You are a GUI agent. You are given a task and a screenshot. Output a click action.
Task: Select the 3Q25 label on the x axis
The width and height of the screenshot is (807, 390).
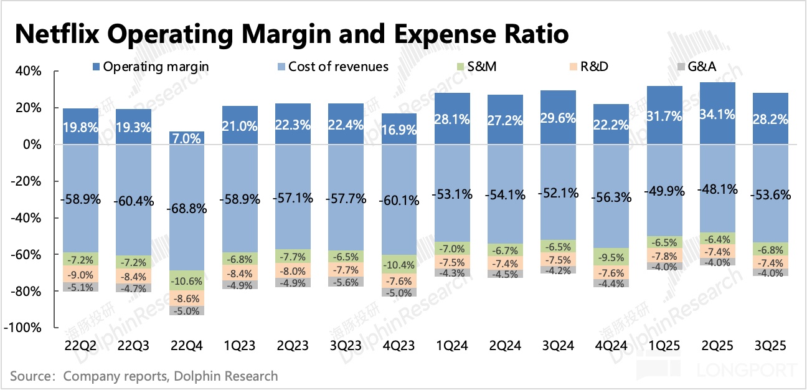click(x=770, y=345)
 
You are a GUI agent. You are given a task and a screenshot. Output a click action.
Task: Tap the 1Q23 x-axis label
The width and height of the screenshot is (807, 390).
click(x=240, y=345)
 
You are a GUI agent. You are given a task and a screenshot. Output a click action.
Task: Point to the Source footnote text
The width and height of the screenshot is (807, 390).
click(x=144, y=376)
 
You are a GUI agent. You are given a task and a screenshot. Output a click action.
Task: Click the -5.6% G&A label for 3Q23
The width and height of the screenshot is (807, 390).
click(x=346, y=282)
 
